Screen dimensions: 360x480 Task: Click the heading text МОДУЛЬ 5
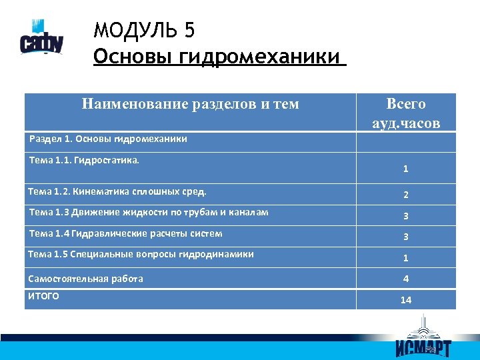coord(144,31)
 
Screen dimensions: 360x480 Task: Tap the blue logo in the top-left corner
coord(41,41)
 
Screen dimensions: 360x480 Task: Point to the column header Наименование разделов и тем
coord(190,104)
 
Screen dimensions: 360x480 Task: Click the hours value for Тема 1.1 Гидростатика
coord(405,169)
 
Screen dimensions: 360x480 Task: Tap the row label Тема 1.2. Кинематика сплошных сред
coord(117,192)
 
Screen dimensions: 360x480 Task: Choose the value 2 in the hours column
coord(405,195)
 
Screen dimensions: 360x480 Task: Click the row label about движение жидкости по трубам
coord(149,213)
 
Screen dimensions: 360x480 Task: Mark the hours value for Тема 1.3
coord(405,216)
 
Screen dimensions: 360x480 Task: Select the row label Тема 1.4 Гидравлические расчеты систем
coord(126,233)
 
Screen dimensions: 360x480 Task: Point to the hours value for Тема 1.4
coord(405,237)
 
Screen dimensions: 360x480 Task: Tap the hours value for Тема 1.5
coord(405,258)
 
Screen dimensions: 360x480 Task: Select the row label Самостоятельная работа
coord(85,279)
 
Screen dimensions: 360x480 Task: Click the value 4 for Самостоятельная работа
coord(405,279)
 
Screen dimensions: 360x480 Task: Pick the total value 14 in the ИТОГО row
coord(405,300)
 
